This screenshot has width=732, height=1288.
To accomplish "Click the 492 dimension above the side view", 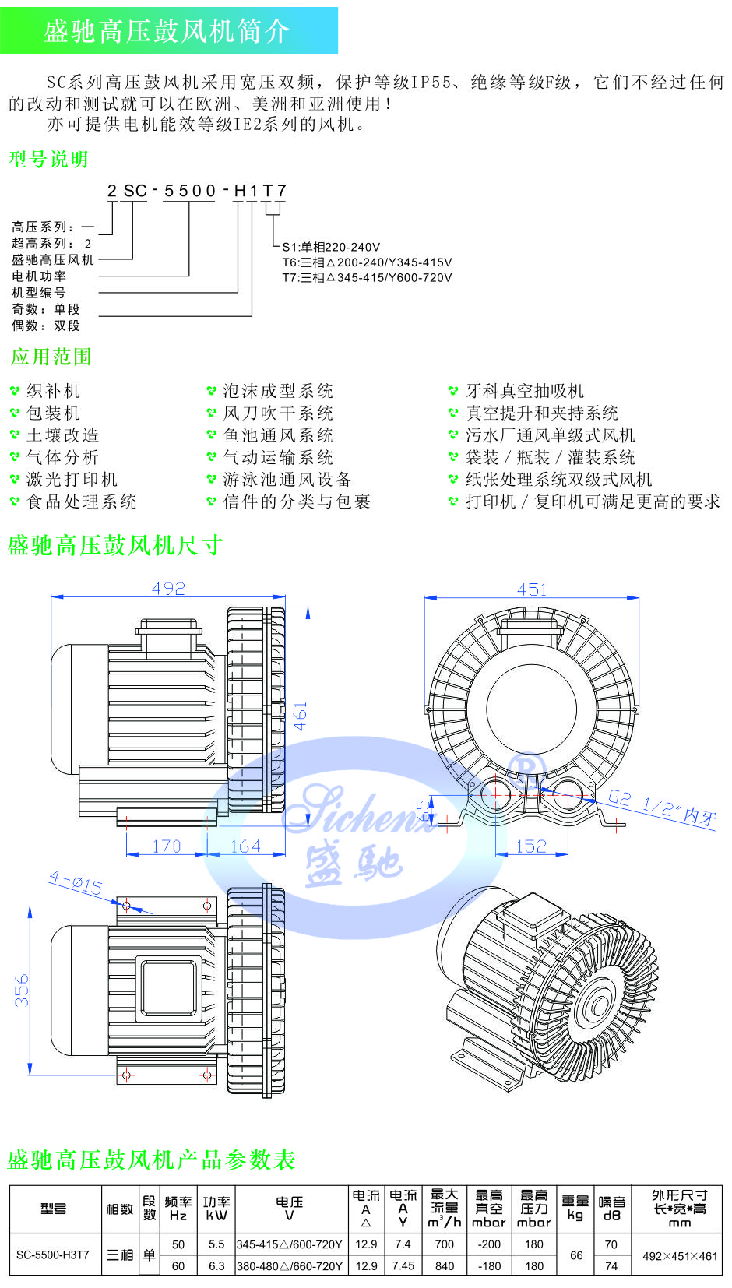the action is click(x=169, y=589).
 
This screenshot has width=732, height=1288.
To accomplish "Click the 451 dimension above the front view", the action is click(x=532, y=589).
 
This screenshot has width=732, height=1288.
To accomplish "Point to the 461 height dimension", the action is click(x=301, y=716).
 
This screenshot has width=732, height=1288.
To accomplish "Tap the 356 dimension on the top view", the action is click(x=22, y=989).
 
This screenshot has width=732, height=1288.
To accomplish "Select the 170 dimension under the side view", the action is click(x=167, y=846).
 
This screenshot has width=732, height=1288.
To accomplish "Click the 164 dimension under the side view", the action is click(x=245, y=846).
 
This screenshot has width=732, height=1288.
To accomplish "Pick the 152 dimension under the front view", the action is click(x=531, y=846).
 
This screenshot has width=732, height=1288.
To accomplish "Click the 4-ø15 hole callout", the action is click(x=76, y=882).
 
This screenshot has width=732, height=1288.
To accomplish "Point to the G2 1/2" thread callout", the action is click(x=662, y=807).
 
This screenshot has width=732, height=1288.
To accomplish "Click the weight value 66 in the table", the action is click(x=576, y=1255).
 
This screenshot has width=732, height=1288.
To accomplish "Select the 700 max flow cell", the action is click(x=445, y=1244).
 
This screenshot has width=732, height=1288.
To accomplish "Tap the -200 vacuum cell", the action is click(x=489, y=1244).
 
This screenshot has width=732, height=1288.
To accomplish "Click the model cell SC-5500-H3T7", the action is click(x=53, y=1255).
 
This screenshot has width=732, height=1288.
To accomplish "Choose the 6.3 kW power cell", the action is click(x=216, y=1266).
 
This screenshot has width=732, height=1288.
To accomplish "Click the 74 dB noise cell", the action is click(x=611, y=1266).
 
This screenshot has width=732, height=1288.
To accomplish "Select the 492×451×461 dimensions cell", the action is click(x=680, y=1256).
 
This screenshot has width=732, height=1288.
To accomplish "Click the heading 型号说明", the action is click(x=48, y=160).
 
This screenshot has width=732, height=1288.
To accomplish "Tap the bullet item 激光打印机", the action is click(x=72, y=480).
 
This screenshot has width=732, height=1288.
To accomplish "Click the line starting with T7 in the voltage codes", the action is click(x=367, y=277).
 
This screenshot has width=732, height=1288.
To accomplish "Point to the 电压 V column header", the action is click(x=290, y=1209).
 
